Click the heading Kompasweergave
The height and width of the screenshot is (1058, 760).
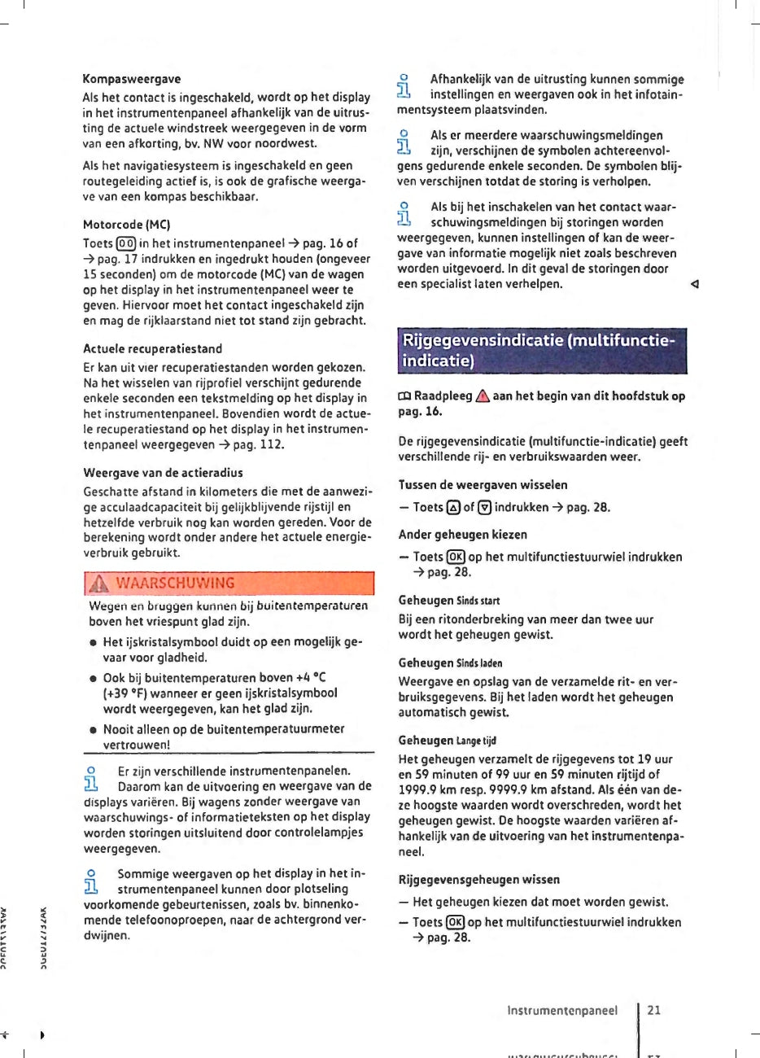(132, 79)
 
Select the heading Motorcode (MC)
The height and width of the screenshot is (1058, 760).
(126, 224)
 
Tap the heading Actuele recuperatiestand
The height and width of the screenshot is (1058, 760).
(152, 348)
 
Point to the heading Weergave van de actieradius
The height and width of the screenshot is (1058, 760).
(163, 472)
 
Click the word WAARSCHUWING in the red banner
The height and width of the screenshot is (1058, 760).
(176, 583)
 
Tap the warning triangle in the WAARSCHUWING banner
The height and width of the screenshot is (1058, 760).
(101, 583)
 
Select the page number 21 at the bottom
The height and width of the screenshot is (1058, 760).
(654, 1010)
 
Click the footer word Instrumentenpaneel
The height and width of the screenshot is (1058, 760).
(562, 1010)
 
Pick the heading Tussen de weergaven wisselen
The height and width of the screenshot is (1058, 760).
(483, 484)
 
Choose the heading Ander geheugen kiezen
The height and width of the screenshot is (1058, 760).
(462, 535)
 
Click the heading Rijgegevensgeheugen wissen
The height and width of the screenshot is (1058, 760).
(478, 880)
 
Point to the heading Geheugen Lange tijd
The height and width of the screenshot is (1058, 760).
(447, 741)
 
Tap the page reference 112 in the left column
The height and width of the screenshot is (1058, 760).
(271, 445)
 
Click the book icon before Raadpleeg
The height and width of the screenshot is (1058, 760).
(404, 396)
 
